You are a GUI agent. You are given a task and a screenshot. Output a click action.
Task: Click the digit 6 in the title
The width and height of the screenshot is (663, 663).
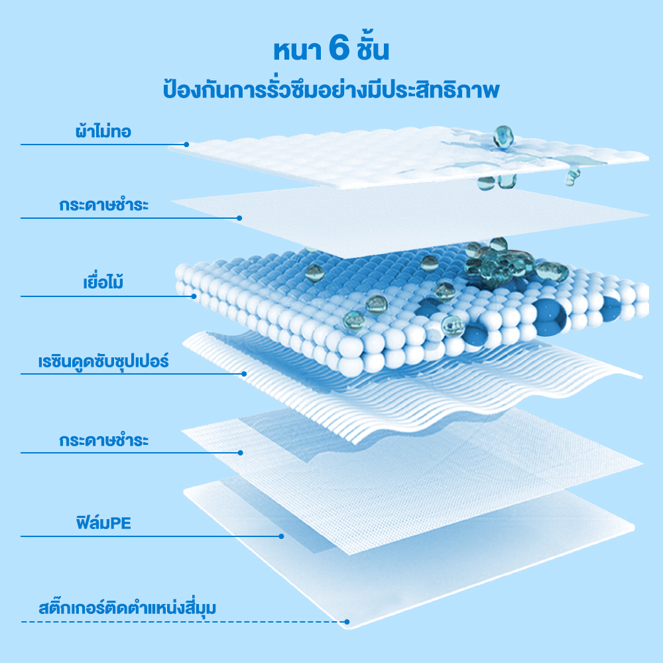(339, 49)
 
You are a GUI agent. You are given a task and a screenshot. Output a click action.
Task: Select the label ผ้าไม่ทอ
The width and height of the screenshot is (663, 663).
(103, 131)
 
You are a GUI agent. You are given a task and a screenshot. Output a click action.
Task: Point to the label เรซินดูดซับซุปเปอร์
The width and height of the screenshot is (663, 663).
(103, 361)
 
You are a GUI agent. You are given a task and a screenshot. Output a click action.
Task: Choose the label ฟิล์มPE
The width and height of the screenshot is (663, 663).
(103, 522)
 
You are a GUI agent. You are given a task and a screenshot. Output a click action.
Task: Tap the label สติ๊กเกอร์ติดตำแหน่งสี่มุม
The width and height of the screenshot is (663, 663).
(127, 607)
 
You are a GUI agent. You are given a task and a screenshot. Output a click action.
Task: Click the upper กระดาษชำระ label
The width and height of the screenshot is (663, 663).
(103, 205)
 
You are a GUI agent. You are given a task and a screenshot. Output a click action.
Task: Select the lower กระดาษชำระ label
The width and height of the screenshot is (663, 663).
(103, 440)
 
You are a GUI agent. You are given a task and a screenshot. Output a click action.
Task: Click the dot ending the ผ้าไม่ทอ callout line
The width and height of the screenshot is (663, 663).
(186, 145)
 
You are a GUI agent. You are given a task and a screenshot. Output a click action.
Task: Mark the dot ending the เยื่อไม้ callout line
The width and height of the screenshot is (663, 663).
(194, 296)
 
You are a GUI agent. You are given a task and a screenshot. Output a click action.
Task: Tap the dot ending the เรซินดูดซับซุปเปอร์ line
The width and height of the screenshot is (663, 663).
(244, 374)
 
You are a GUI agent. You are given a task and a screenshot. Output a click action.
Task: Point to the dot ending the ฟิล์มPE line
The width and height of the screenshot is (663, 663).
(281, 536)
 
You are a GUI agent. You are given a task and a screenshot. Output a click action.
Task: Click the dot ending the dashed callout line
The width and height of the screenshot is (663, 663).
(347, 622)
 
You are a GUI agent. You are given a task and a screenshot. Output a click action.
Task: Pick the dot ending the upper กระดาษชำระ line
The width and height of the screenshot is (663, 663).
(239, 218)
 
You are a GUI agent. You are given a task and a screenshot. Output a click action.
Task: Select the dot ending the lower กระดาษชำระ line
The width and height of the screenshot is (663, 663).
(240, 453)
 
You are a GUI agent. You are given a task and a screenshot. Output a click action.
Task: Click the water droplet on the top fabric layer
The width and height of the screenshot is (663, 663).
(503, 137)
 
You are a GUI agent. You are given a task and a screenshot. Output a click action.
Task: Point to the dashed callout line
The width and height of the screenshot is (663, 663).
(184, 622)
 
